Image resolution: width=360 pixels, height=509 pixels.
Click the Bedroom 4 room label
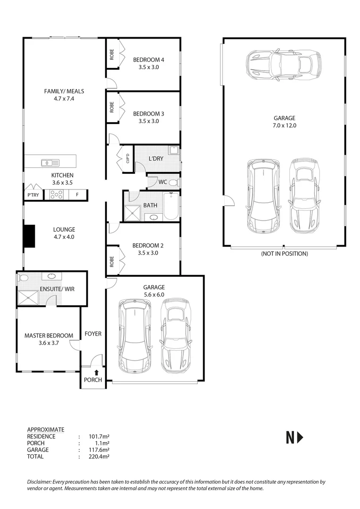(x=148, y=60)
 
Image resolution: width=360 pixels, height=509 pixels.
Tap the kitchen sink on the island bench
(x=49, y=163)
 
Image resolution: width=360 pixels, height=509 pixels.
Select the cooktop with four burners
(x=57, y=194)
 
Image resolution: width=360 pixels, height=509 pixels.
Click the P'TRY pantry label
(x=33, y=195)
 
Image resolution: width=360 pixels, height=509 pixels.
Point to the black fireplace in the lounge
(x=29, y=236)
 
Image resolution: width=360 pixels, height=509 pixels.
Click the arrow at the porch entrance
(x=96, y=372)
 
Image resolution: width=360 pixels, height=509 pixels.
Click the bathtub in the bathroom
(x=172, y=207)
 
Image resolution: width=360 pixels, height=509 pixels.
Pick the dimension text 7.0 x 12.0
(x=284, y=126)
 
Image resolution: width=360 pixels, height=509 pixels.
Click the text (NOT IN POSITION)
(x=284, y=254)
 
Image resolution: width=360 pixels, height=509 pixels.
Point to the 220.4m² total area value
(x=99, y=456)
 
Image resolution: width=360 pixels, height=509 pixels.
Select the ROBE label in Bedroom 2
(x=112, y=262)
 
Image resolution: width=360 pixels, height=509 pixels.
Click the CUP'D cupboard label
(x=127, y=159)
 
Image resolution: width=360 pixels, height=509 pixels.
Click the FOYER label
(x=93, y=334)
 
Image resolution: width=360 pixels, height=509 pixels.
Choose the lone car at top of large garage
(x=284, y=64)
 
